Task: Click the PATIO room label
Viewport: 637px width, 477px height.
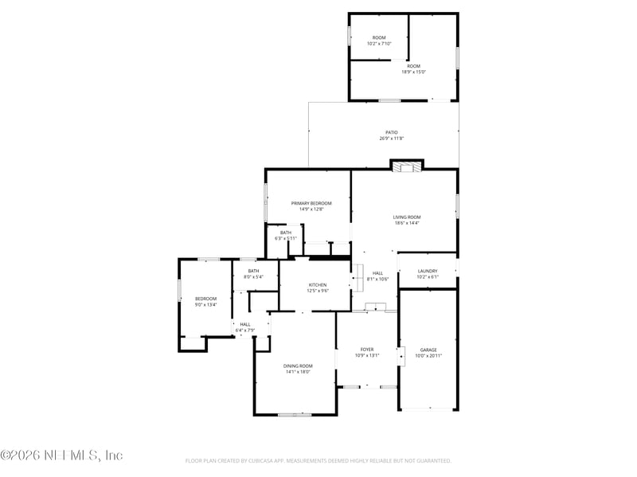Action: (x=391, y=133)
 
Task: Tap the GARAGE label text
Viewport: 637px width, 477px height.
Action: (x=428, y=350)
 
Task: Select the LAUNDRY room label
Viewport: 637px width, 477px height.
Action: (x=428, y=272)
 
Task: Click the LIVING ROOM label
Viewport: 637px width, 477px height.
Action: (x=406, y=217)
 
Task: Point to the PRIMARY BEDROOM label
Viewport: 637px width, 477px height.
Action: (x=311, y=203)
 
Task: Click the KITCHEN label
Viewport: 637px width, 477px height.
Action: (x=318, y=284)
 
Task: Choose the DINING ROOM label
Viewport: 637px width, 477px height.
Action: (x=297, y=366)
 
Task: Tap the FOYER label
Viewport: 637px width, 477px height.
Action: (x=367, y=349)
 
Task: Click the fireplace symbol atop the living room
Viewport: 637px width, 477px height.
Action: (x=407, y=166)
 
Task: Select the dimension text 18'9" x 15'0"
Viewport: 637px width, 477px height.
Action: (x=413, y=72)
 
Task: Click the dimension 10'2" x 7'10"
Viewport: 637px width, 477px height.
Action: (x=378, y=44)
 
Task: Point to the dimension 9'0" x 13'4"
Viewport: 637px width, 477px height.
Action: (x=205, y=304)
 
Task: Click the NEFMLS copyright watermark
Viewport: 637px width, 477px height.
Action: (x=61, y=455)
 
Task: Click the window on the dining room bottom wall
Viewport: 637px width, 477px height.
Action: (x=295, y=414)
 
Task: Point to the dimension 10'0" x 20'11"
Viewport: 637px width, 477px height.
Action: (x=428, y=355)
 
